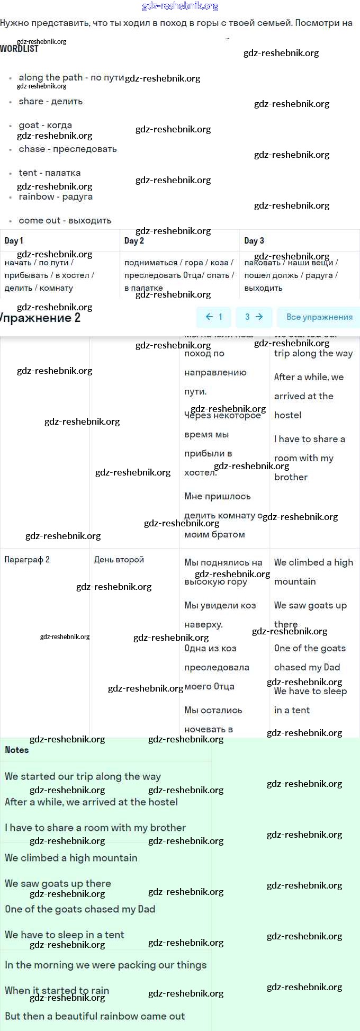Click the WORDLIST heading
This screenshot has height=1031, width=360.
pos(19,49)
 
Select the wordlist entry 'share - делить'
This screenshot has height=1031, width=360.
pos(50,101)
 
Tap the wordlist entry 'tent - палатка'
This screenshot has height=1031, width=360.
pos(50,173)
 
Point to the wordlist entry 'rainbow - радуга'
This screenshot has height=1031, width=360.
pos(56,196)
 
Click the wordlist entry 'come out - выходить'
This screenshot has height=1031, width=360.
pos(65,220)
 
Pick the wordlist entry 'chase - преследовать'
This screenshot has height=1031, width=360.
pos(67,149)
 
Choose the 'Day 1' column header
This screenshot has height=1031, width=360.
pos(14,240)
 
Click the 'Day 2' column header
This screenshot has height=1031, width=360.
pos(134,240)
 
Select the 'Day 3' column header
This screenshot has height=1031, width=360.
pos(254,240)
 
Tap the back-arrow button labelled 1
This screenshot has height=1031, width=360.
pos(213,317)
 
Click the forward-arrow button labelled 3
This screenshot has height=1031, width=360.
pos(254,317)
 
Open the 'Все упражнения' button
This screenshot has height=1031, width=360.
pos(319,317)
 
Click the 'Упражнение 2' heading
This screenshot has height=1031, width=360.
pos(40,318)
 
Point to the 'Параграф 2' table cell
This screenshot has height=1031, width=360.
pos(27,559)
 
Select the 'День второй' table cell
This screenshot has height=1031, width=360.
pos(119,559)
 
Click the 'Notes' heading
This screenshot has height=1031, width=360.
pos(17,750)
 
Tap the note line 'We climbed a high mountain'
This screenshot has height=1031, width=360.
pos(71,858)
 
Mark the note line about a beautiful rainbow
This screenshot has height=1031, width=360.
pos(95,1016)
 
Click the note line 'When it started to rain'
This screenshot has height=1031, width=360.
pos(57,990)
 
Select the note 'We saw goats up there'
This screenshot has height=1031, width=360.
pos(58,883)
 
